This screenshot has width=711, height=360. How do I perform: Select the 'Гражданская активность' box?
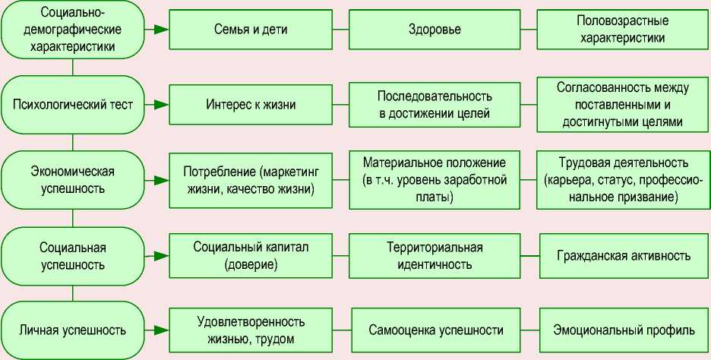[x=623, y=256]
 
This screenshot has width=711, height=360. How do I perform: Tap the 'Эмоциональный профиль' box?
[x=623, y=330]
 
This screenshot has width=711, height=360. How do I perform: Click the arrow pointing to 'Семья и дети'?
[x=159, y=30]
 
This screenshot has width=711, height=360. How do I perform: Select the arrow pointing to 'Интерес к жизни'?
[x=159, y=105]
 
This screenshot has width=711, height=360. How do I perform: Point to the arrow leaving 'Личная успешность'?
[x=159, y=330]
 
